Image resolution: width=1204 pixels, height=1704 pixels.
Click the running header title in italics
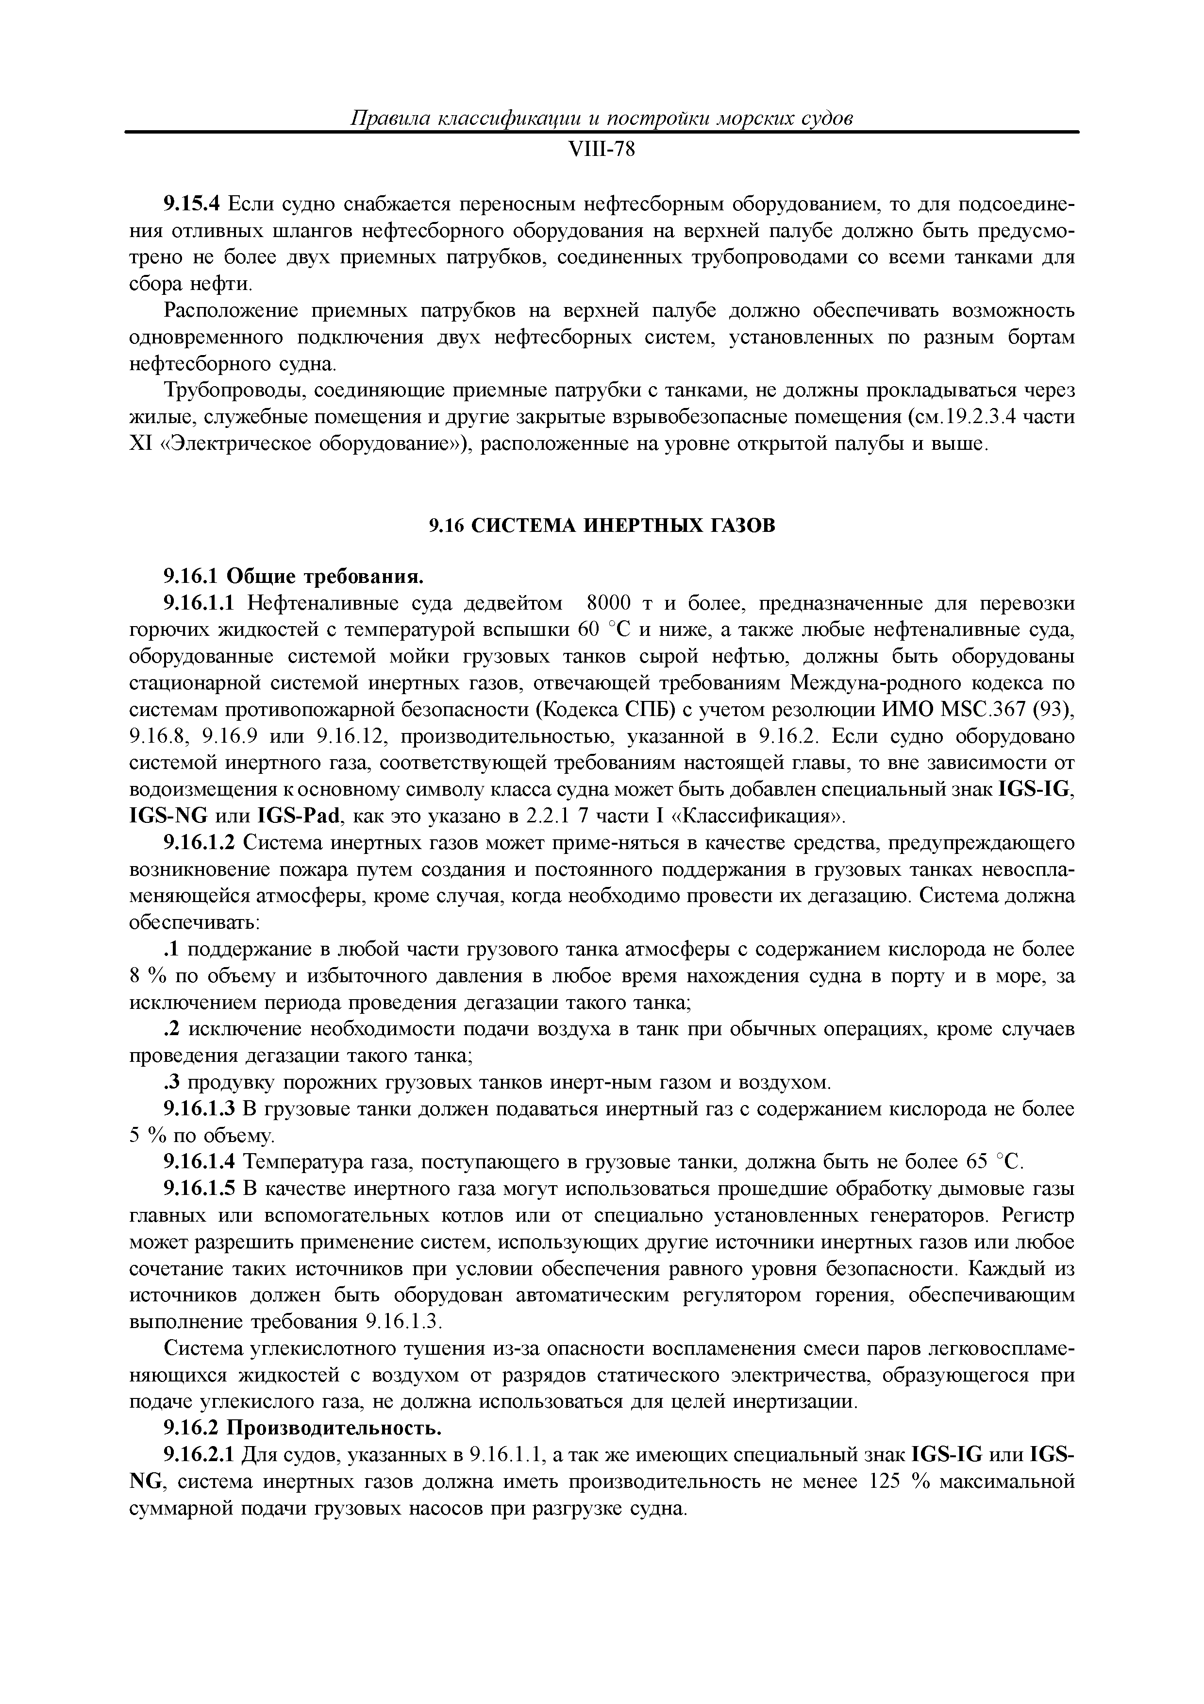click(x=601, y=119)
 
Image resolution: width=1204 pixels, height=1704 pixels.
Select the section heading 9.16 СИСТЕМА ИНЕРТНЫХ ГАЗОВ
click(x=602, y=526)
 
